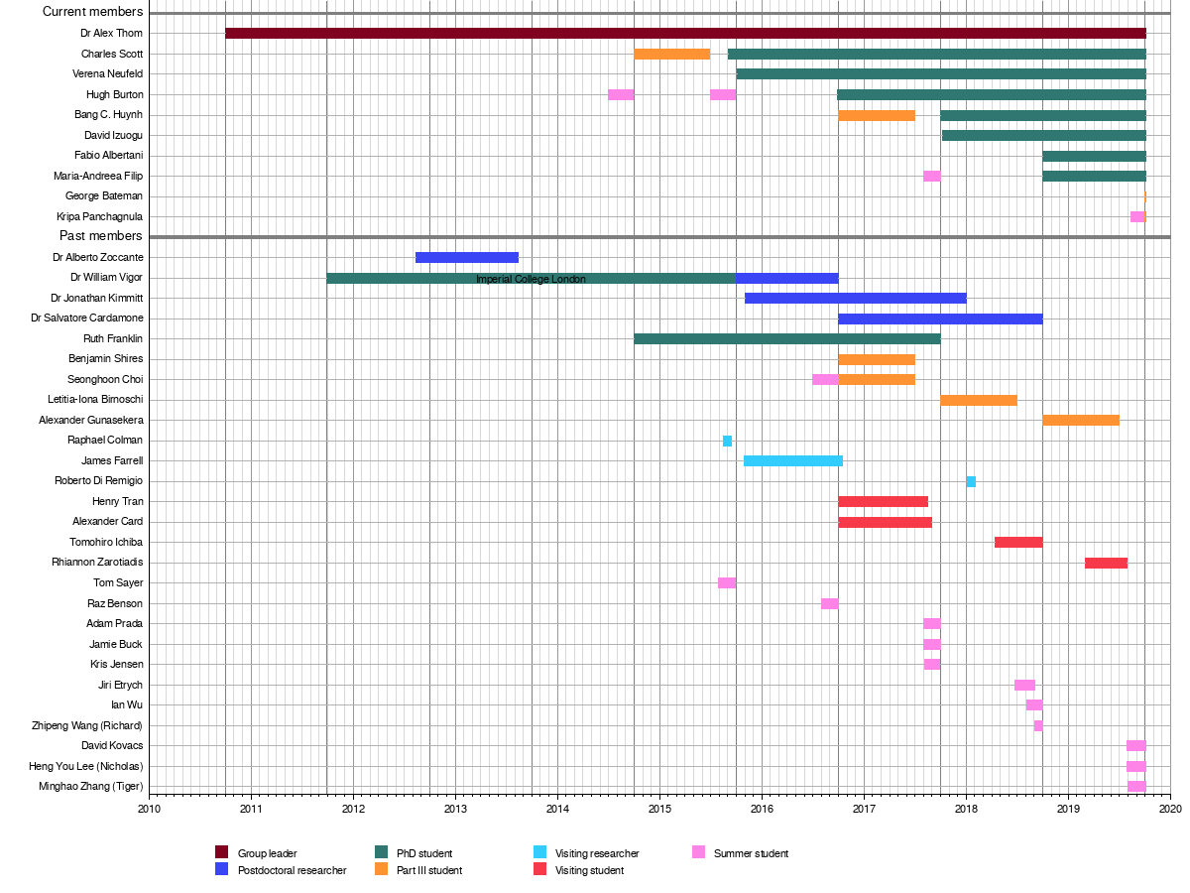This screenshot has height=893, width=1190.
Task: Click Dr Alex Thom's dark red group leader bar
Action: (x=685, y=33)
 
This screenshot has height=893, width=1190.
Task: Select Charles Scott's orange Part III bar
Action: (x=671, y=54)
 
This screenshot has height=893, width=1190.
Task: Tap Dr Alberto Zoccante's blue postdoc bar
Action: (x=466, y=257)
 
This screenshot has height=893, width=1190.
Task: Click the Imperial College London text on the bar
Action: (x=531, y=279)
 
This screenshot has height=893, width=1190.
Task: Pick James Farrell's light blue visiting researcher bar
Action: (x=792, y=460)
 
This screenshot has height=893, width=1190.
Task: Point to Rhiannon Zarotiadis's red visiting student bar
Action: (x=1106, y=563)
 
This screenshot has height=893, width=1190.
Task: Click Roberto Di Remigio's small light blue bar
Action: (x=971, y=481)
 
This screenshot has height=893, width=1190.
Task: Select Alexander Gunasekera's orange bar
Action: (x=1081, y=420)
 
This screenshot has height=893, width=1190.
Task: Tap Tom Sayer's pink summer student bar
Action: (x=727, y=582)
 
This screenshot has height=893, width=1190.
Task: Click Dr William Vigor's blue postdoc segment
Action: (x=786, y=278)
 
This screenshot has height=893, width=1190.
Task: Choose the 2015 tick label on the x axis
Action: (x=659, y=808)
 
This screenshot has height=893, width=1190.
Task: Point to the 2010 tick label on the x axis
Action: (x=149, y=808)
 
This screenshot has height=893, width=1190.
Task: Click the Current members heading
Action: (x=93, y=12)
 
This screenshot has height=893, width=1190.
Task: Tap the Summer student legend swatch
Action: (x=698, y=852)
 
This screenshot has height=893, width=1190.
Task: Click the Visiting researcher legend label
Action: (x=597, y=853)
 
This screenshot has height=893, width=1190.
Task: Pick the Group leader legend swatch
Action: (x=222, y=852)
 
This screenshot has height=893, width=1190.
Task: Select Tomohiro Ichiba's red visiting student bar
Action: (x=1017, y=542)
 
